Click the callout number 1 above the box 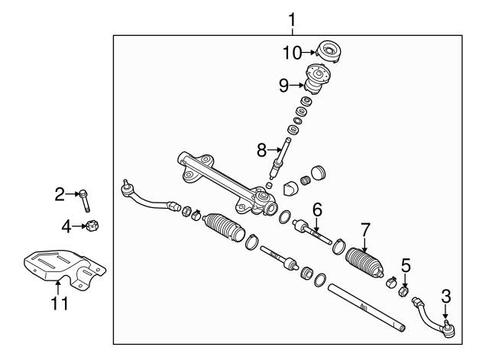290,18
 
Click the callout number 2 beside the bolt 60,194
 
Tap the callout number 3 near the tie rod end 445,294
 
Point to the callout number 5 406,266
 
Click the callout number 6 317,207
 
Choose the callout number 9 284,86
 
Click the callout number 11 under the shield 60,303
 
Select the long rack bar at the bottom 363,307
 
